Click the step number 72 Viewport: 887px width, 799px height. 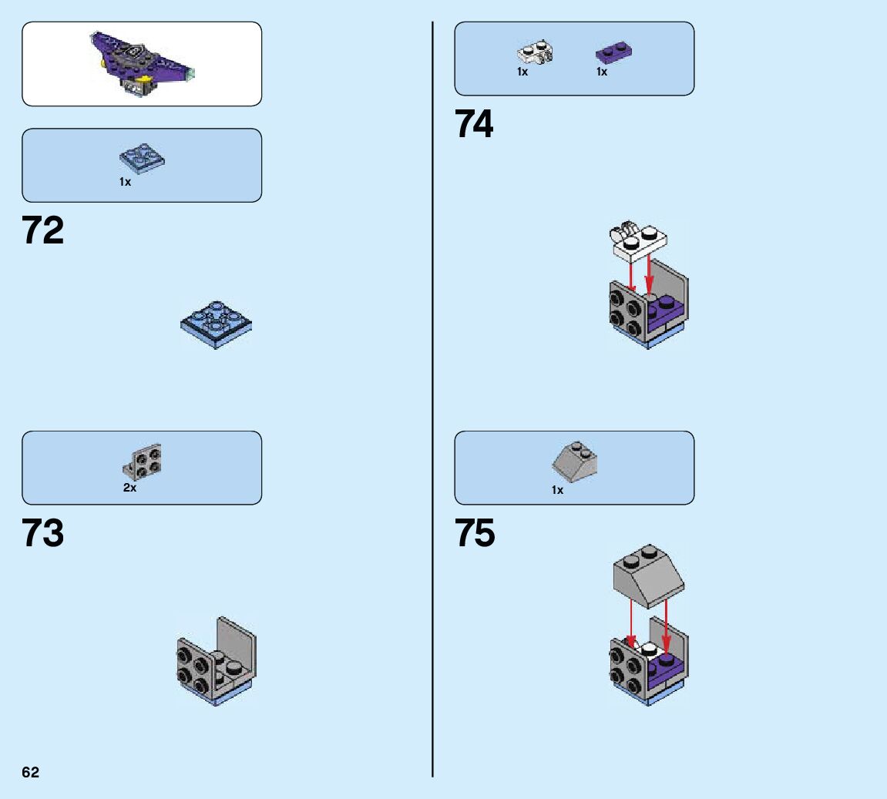pos(43,230)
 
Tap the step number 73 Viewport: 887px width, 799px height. pos(43,533)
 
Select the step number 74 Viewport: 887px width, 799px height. pos(474,124)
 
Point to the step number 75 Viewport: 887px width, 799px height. pos(475,533)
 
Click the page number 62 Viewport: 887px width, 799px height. pos(30,773)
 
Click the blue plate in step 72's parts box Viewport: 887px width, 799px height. pos(143,158)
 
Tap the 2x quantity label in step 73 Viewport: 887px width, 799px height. pos(129,488)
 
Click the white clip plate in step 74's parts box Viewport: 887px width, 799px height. pos(535,53)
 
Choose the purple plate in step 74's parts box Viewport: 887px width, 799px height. pos(614,53)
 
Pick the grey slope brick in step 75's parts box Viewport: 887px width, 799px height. pos(576,460)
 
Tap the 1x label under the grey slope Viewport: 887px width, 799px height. pos(557,490)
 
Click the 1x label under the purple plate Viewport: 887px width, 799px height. pos(602,72)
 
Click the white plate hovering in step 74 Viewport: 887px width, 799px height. pos(640,241)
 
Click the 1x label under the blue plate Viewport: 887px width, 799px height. pos(125,183)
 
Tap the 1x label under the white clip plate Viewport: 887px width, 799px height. pos(522,72)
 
